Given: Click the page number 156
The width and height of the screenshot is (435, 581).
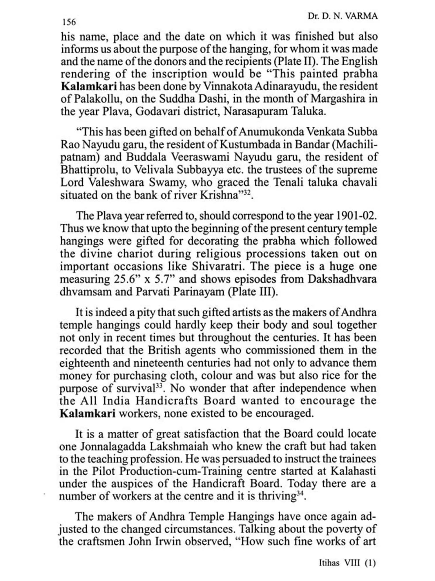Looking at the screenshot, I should tap(68, 22).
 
